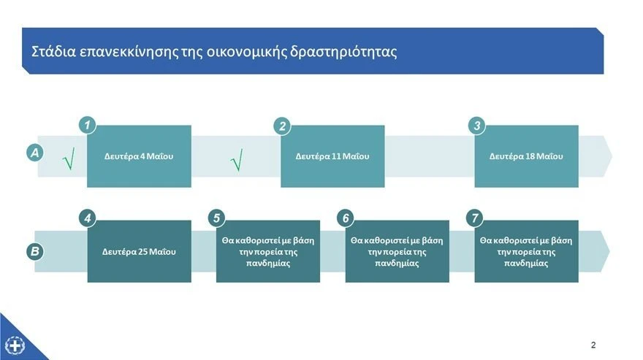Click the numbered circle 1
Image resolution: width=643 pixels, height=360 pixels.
click(x=88, y=126)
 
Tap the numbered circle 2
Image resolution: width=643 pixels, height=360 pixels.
click(x=282, y=126)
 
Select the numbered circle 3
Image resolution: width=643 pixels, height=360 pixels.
click(x=476, y=126)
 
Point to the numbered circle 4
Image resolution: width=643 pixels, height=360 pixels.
click(x=88, y=218)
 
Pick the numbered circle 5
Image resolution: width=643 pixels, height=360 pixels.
click(x=216, y=218)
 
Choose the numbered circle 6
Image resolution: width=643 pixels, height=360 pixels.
click(x=346, y=218)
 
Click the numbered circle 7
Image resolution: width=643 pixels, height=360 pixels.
click(x=475, y=218)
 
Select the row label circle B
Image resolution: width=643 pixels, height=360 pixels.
click(x=34, y=251)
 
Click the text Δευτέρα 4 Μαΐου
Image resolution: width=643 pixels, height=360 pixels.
click(x=139, y=156)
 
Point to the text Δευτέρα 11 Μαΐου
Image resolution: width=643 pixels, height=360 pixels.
click(x=332, y=156)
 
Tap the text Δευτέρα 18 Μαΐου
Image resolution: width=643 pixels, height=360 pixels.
click(x=526, y=156)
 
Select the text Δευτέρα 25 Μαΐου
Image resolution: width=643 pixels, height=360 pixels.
click(x=139, y=252)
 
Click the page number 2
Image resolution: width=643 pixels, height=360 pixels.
click(x=593, y=345)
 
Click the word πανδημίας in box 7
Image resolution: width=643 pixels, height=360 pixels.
click(x=526, y=264)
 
